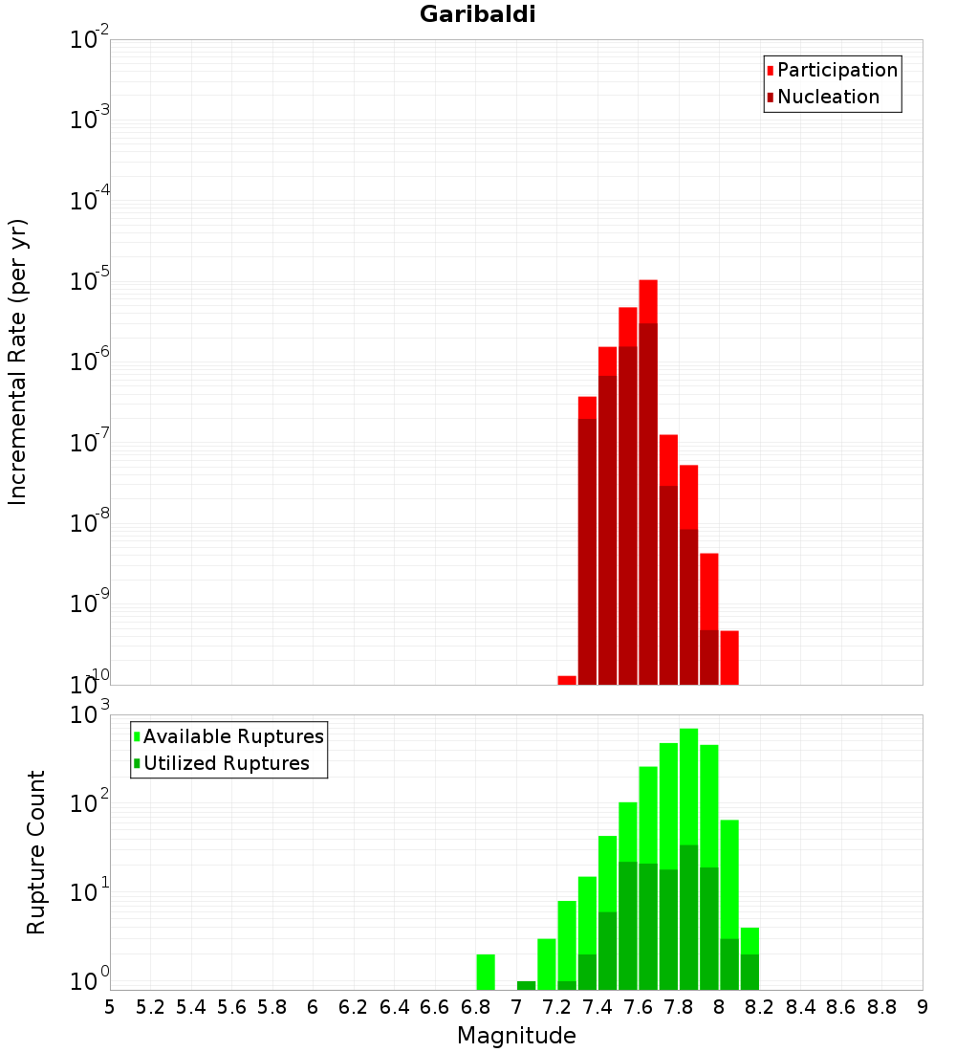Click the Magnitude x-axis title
[x=516, y=1036]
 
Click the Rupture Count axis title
[x=36, y=851]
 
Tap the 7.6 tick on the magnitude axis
[x=638, y=1007]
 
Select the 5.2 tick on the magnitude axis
[x=150, y=1007]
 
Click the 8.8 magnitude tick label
[x=881, y=1007]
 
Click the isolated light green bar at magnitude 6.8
[x=486, y=972]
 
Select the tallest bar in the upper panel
[x=648, y=478]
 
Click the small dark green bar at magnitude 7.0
[x=526, y=985]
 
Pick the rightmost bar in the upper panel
[x=729, y=658]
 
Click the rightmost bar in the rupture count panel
[x=750, y=959]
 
